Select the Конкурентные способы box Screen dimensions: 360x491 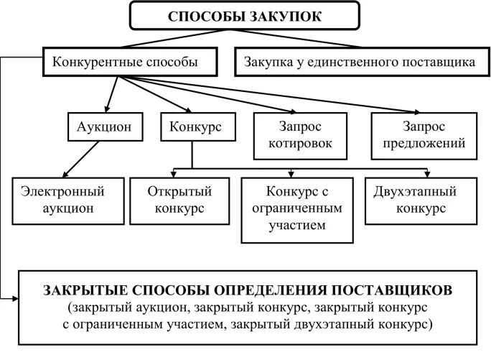pyautogui.click(x=126, y=62)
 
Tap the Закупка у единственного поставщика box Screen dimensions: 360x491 pyautogui.click(x=360, y=62)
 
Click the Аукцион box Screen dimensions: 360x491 pyautogui.click(x=104, y=126)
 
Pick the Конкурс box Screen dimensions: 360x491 pyautogui.click(x=195, y=126)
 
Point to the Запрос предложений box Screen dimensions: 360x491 pyautogui.click(x=424, y=135)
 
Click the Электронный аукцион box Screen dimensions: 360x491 pyautogui.click(x=63, y=200)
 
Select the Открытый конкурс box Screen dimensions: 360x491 pyautogui.click(x=176, y=200)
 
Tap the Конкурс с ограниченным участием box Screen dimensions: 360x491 pyautogui.click(x=296, y=208)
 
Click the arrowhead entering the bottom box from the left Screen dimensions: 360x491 pyautogui.click(x=15, y=297)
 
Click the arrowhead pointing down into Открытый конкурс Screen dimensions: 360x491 pyautogui.click(x=176, y=173)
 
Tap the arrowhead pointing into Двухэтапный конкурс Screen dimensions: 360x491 pyautogui.click(x=428, y=173)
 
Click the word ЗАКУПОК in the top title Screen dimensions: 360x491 pyautogui.click(x=289, y=17)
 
